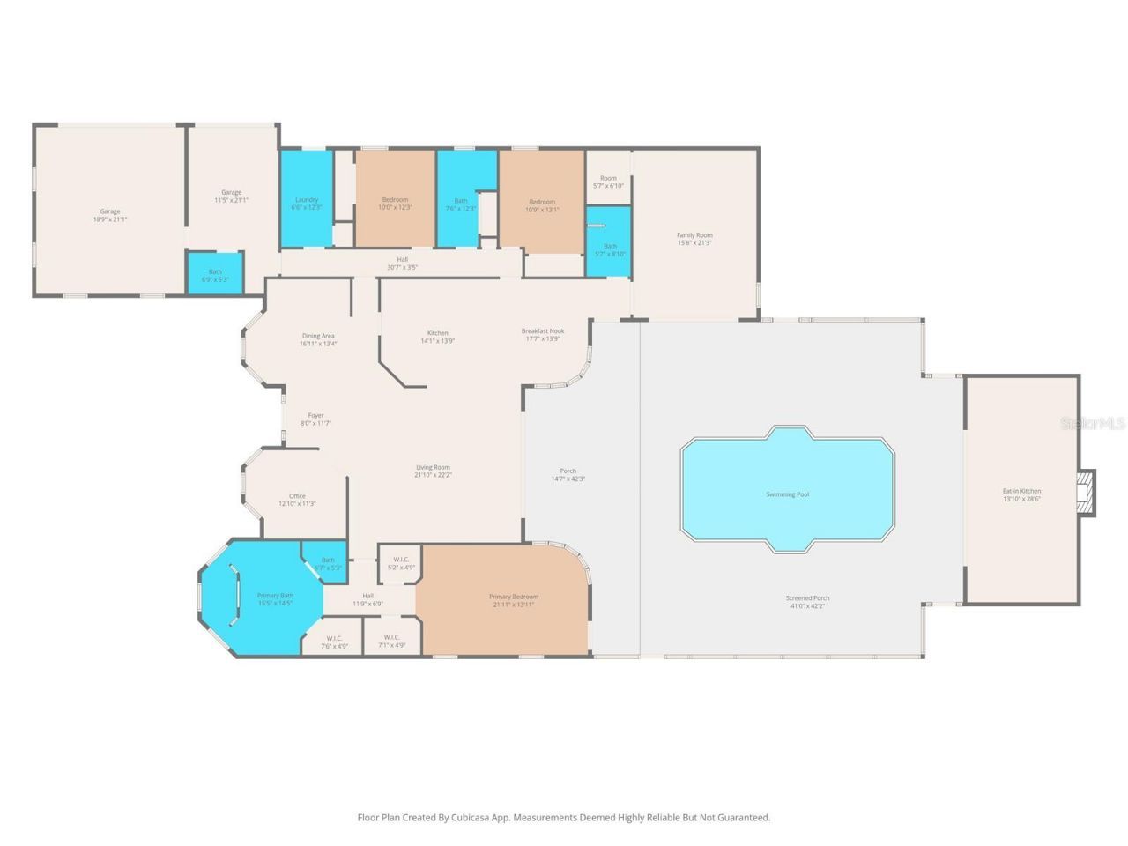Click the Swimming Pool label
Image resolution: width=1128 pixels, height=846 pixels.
[787, 494]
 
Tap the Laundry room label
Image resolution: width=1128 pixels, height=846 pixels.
[306, 200]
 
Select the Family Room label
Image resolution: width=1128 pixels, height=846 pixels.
[694, 235]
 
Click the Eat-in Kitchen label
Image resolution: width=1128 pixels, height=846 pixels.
[1021, 491]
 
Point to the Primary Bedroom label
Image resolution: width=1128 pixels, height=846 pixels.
[514, 597]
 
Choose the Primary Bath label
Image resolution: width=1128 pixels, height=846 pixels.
[275, 596]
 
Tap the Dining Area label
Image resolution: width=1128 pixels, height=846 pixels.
[317, 336]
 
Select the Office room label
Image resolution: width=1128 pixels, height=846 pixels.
[297, 496]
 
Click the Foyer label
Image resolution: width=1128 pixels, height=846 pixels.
[315, 416]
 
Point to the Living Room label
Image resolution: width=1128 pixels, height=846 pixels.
[433, 468]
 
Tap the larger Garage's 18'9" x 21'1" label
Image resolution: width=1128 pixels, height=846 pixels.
[110, 219]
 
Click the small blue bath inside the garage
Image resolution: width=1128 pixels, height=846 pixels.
[215, 272]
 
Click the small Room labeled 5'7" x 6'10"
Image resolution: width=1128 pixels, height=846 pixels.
[608, 182]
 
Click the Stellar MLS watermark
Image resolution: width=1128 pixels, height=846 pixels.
[1093, 424]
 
